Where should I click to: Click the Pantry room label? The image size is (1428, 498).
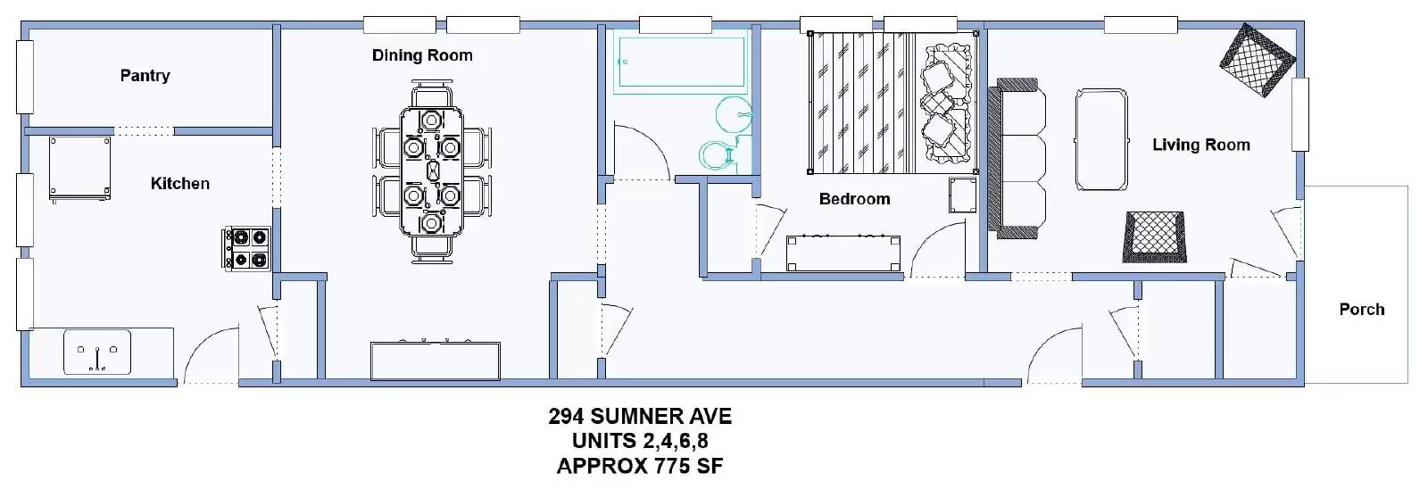(x=145, y=76)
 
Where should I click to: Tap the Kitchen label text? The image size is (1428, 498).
(x=179, y=184)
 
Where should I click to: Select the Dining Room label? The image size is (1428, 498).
(x=422, y=55)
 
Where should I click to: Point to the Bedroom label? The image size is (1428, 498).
(x=854, y=199)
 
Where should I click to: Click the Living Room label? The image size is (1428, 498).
(x=1200, y=145)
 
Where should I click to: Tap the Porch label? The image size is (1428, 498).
(x=1361, y=310)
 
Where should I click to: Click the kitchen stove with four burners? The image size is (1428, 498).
(x=247, y=248)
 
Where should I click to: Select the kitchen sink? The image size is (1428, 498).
(x=97, y=352)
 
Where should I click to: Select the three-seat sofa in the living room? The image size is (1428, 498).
(x=1017, y=158)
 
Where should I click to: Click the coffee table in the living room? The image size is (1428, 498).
(x=1100, y=139)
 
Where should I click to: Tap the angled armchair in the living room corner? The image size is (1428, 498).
(x=1257, y=61)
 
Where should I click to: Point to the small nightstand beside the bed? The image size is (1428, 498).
(x=963, y=195)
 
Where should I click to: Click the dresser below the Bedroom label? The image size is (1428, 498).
(x=843, y=253)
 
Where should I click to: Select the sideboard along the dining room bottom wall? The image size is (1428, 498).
(x=435, y=361)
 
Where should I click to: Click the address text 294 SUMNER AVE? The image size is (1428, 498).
(x=640, y=417)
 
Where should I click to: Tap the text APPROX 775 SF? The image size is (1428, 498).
(x=640, y=466)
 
